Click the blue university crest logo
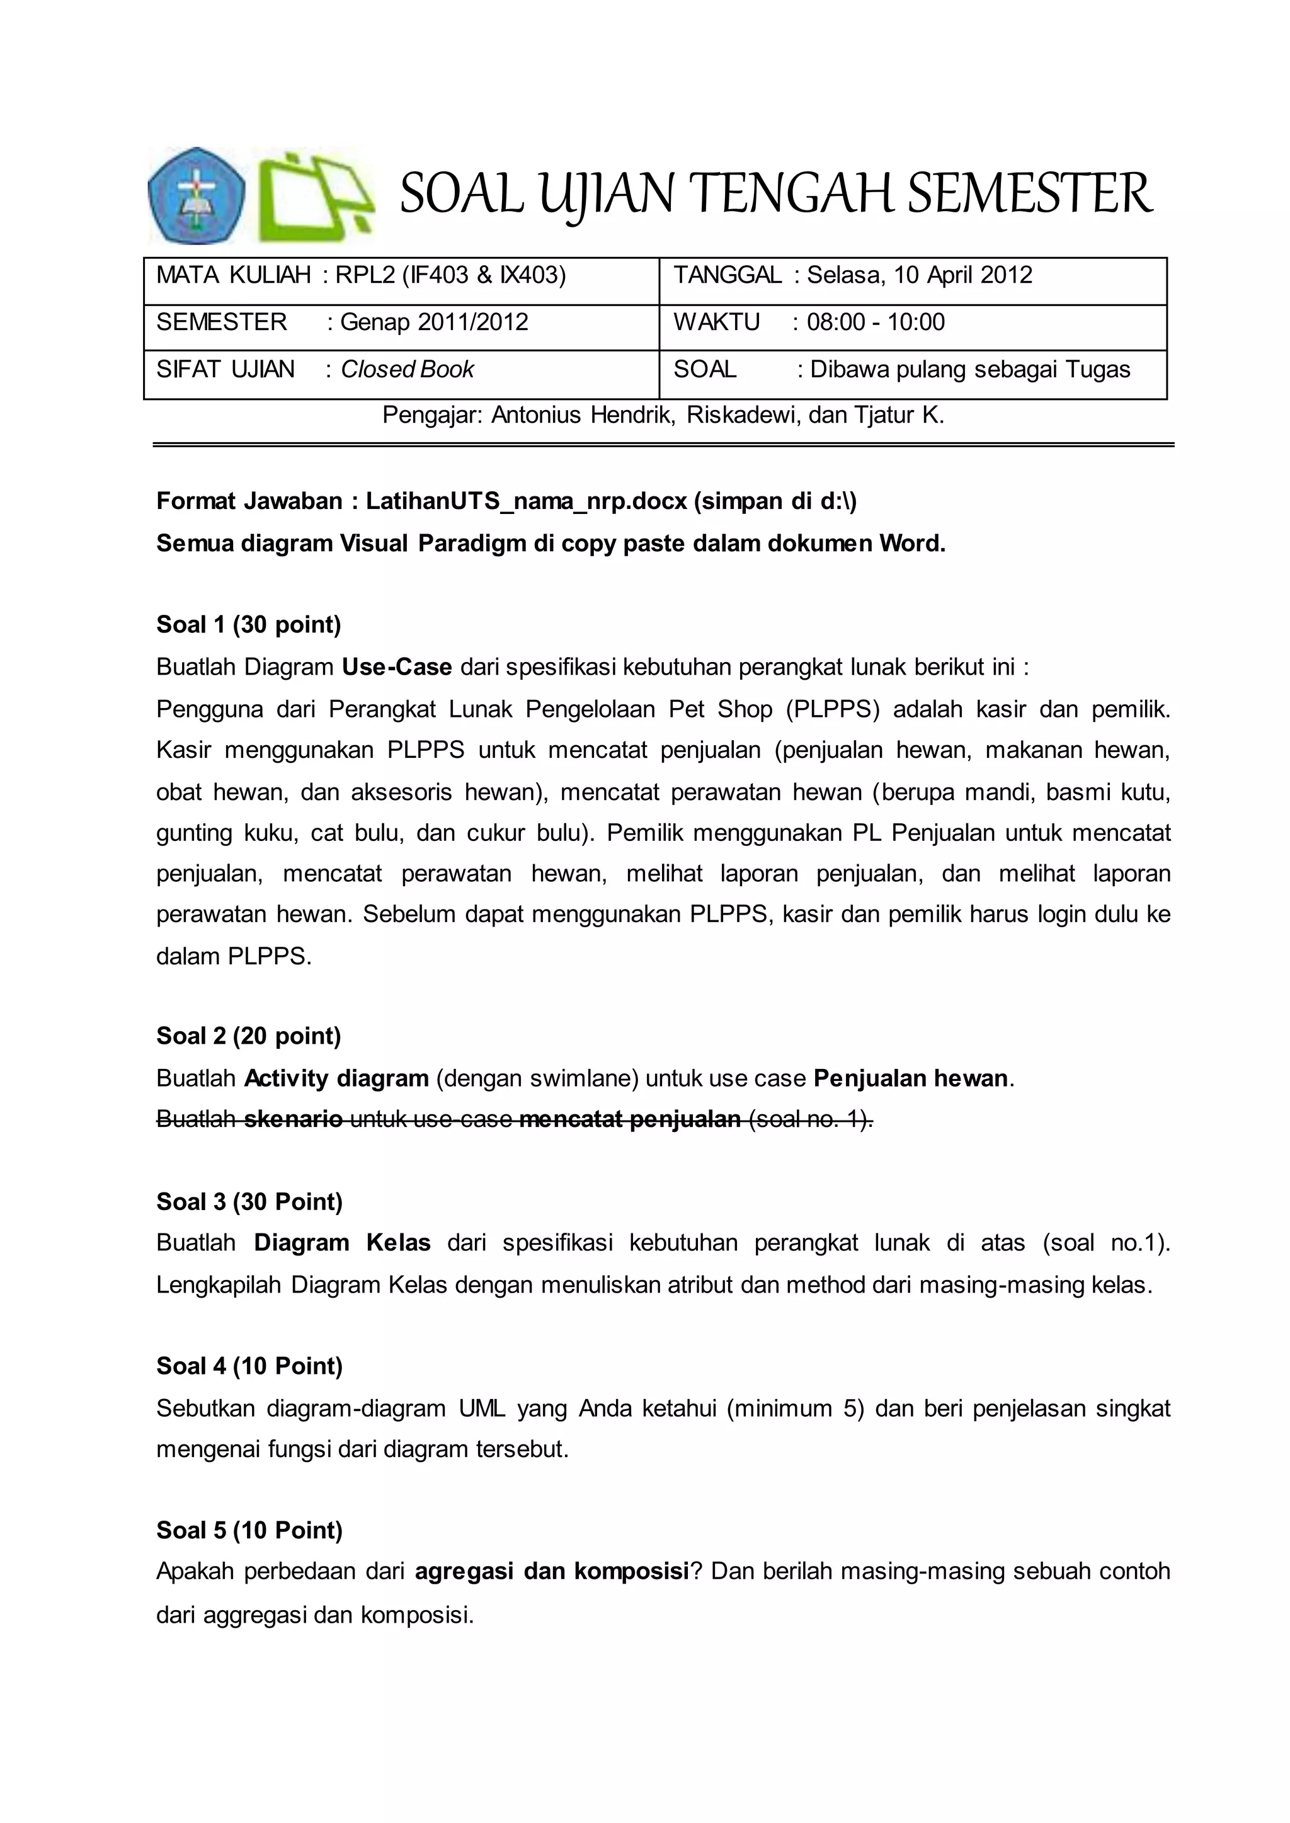pos(196,195)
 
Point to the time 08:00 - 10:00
pos(876,323)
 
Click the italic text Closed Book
pos(407,369)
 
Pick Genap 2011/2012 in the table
pos(434,323)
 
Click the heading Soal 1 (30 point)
pos(249,624)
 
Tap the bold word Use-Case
pos(396,666)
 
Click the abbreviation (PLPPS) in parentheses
pos(833,709)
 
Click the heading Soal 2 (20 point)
pos(249,1036)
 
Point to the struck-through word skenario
pos(293,1119)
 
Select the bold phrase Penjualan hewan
pos(910,1078)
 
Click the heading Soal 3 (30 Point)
pos(249,1202)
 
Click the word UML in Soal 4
pos(481,1409)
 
